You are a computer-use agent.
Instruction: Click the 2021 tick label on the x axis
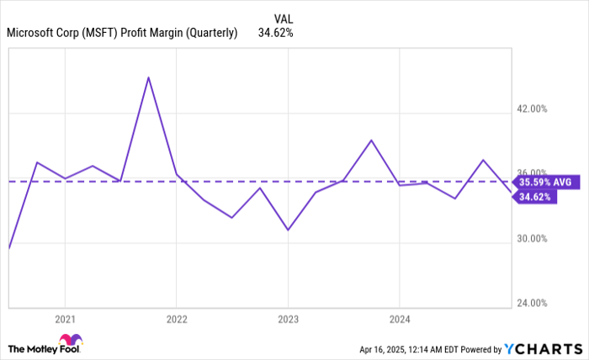point(65,319)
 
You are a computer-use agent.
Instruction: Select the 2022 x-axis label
point(177,319)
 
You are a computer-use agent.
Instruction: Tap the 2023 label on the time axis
point(289,319)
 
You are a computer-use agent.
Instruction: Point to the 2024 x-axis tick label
point(400,319)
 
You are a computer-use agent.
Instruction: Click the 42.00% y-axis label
point(531,109)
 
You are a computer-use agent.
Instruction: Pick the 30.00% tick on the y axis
point(531,239)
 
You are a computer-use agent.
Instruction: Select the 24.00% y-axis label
point(531,303)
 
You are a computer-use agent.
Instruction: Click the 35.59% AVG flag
point(544,182)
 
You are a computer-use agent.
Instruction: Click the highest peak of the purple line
point(149,77)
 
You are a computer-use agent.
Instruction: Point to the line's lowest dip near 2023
point(288,230)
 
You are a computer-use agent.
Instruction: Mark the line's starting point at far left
point(8,248)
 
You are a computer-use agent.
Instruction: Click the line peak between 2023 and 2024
point(371,140)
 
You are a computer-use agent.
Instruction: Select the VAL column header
point(284,19)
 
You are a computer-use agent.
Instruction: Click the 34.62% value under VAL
point(276,34)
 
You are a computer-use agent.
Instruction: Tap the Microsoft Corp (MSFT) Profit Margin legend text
point(122,34)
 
